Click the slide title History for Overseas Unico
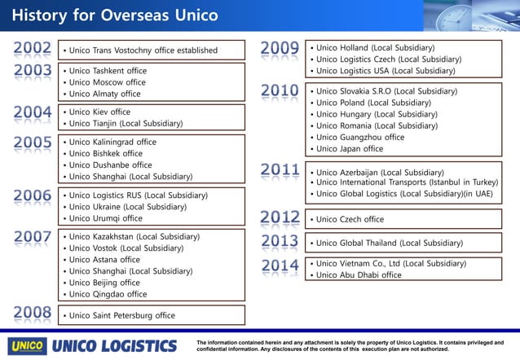click(115, 15)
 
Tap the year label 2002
click(33, 49)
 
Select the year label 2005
click(33, 143)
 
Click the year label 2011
click(280, 171)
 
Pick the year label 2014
click(280, 266)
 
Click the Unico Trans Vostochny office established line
click(140, 50)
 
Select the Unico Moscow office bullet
click(108, 82)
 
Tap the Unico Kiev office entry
click(99, 112)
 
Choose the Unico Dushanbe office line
click(110, 165)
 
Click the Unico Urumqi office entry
click(106, 218)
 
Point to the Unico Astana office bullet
click(104, 260)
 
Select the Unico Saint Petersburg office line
click(122, 315)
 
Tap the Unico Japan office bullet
click(350, 149)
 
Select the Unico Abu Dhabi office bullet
click(359, 275)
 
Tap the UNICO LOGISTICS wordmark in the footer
click(114, 345)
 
